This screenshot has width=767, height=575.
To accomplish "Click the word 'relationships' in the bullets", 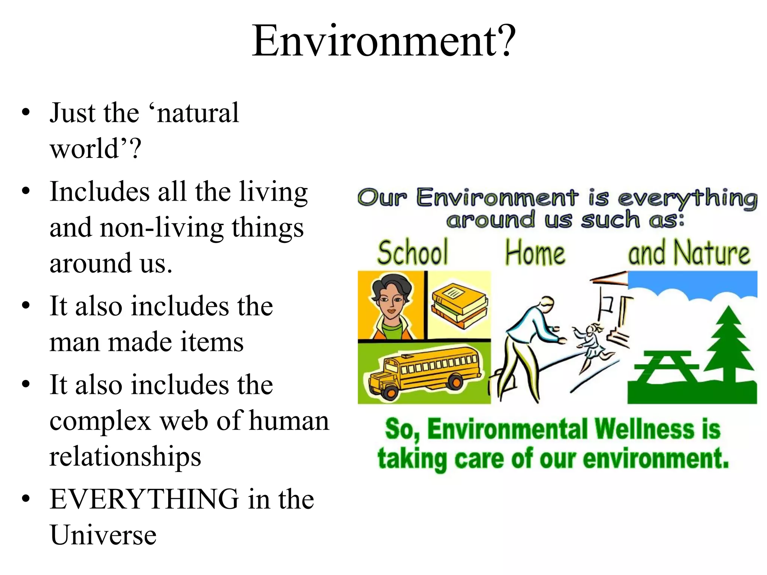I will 125,456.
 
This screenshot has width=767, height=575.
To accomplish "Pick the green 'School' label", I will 412,253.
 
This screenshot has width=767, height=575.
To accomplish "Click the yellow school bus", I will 425,372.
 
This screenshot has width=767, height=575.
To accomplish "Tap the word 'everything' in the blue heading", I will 687,198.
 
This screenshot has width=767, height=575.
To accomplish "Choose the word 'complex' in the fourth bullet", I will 100,421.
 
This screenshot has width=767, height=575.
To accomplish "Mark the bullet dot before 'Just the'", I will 25,112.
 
